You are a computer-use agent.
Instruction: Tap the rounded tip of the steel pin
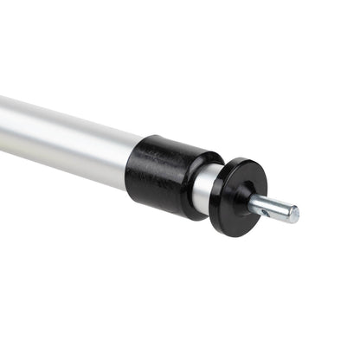point(294,213)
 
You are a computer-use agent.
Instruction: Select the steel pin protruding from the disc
point(275,207)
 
